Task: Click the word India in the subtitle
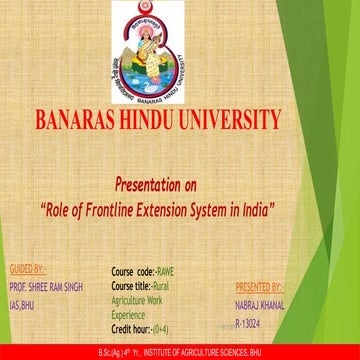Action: point(250,211)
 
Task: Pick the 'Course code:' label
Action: point(133,270)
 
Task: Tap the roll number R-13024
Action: point(250,322)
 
